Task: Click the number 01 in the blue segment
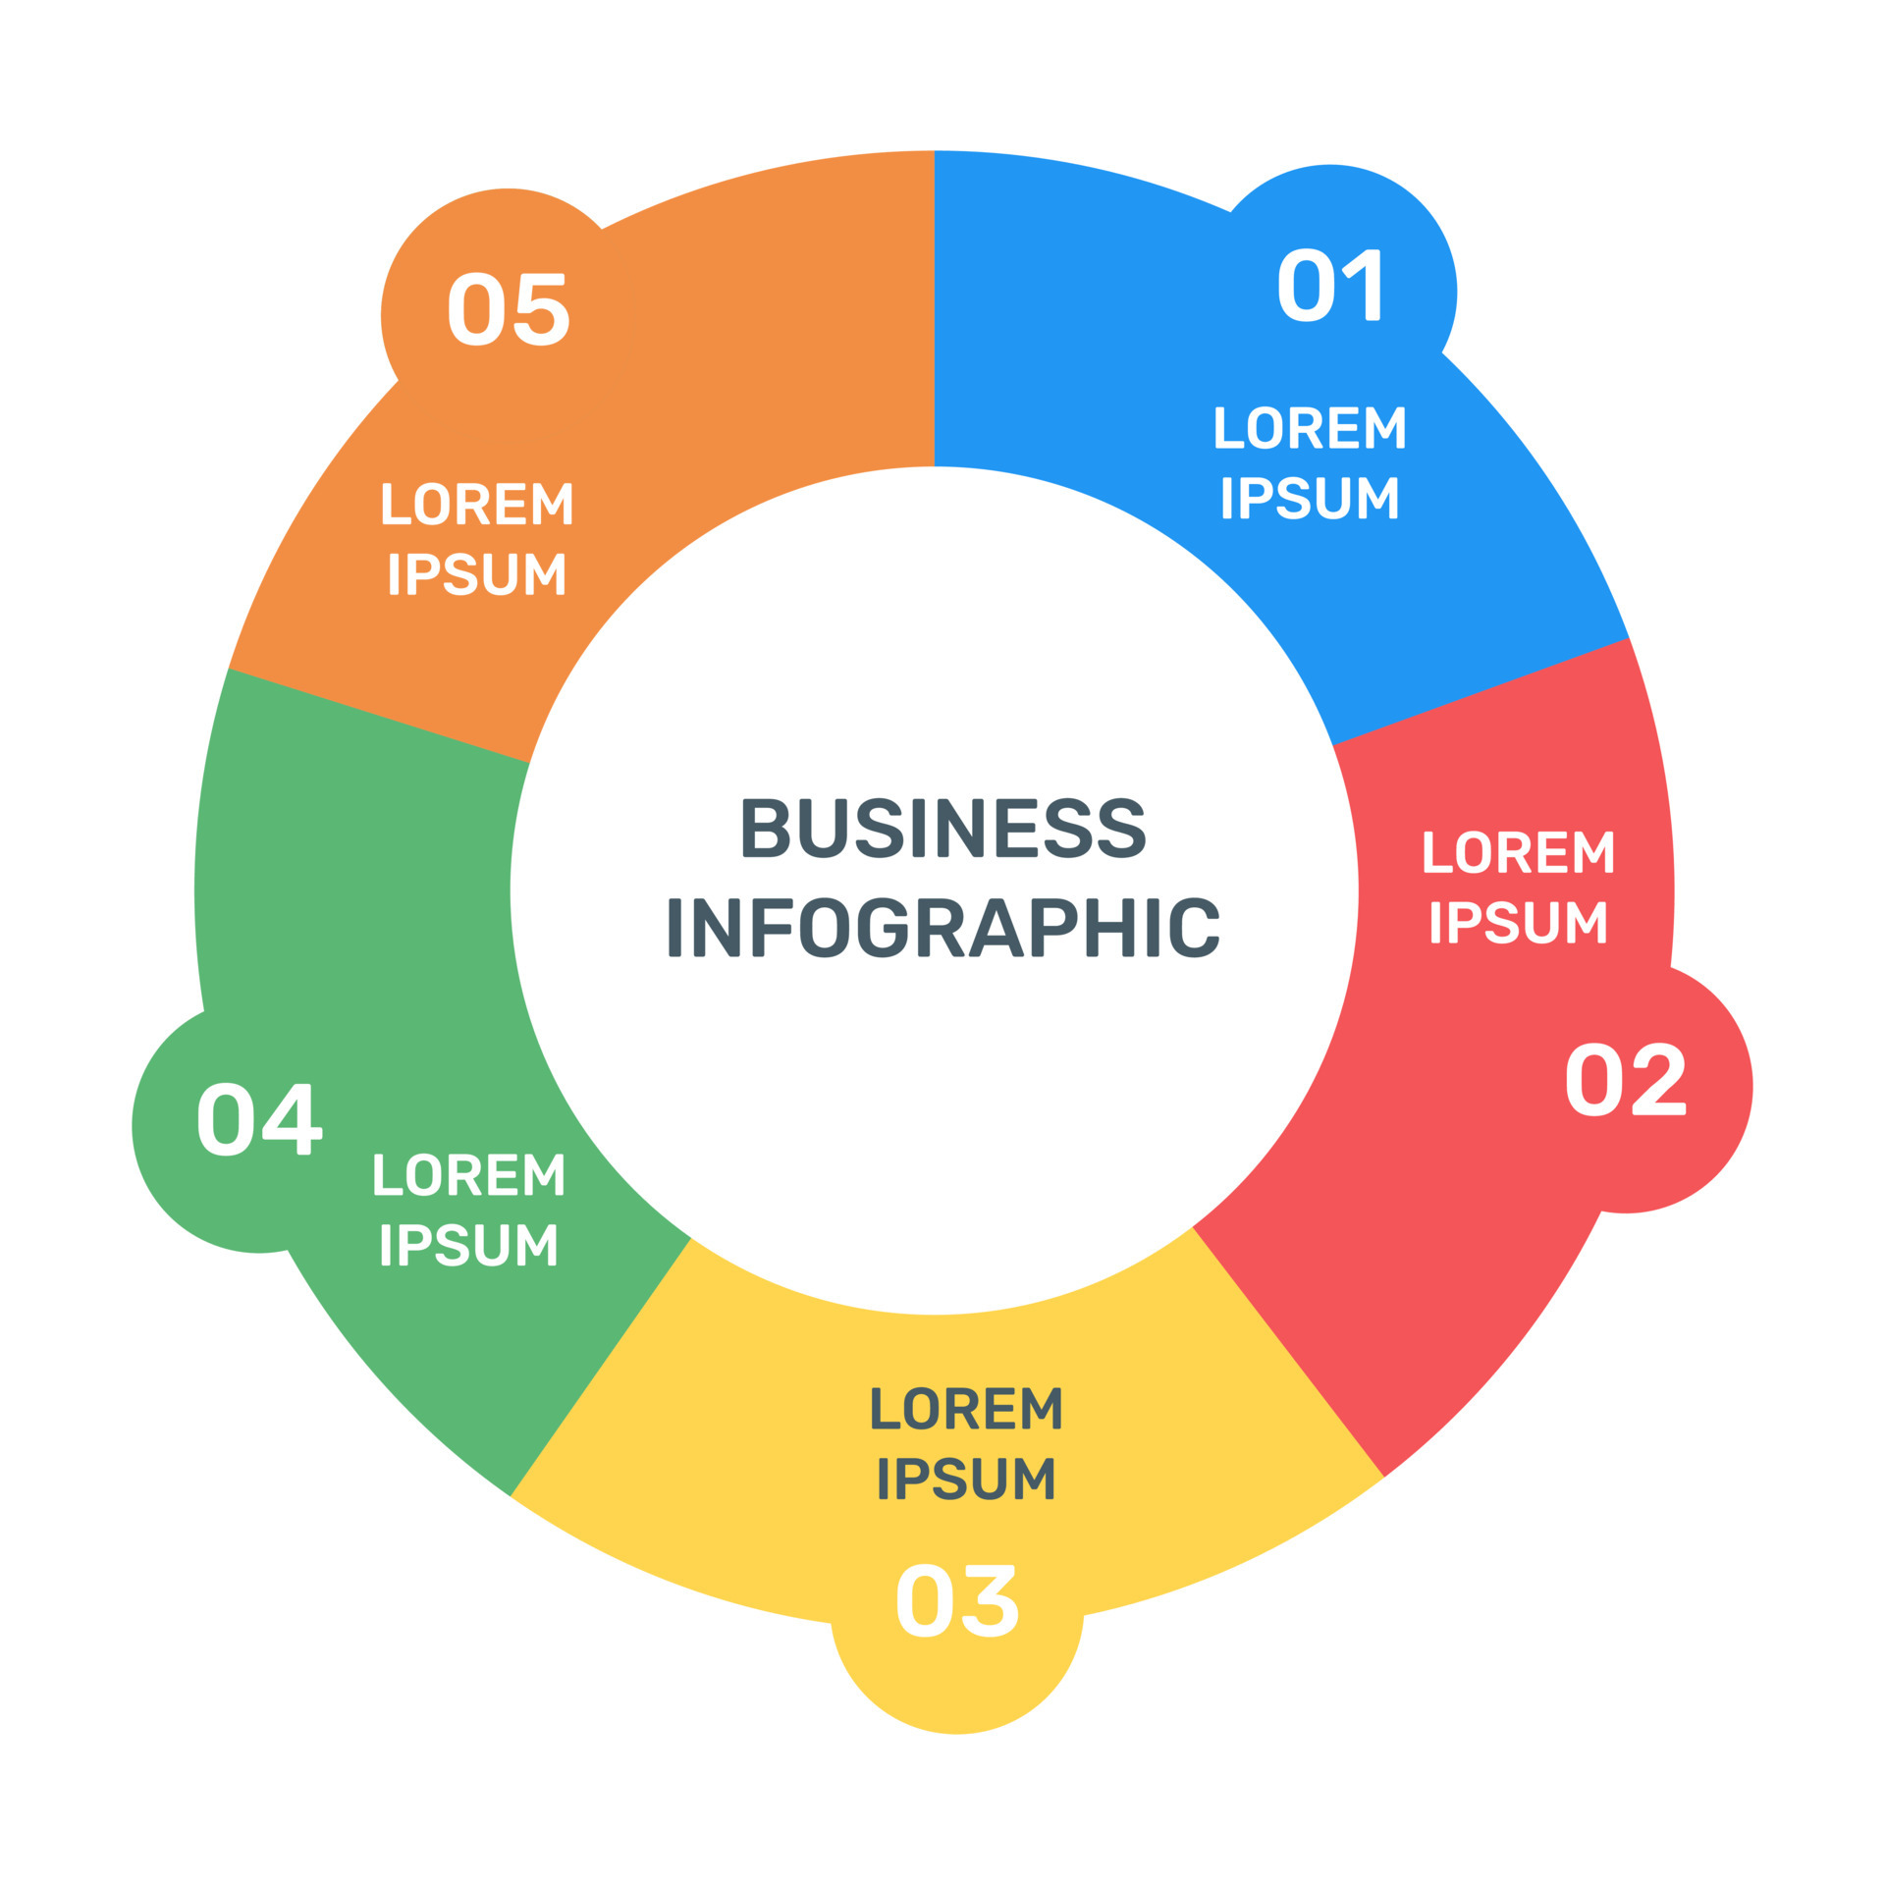(x=1329, y=285)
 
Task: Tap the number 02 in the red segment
(x=1625, y=1079)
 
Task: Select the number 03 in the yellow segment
(x=957, y=1600)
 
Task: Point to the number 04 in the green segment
(x=259, y=1119)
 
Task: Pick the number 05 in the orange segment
(x=509, y=309)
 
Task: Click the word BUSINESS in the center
(x=942, y=827)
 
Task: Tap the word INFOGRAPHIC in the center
(x=942, y=927)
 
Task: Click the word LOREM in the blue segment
(x=1311, y=428)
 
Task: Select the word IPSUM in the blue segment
(x=1311, y=497)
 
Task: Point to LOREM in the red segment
(x=1518, y=852)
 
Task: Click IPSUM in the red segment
(x=1518, y=922)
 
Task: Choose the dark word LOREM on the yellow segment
(x=966, y=1409)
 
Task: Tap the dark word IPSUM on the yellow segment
(x=966, y=1479)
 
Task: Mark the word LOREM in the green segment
(x=469, y=1174)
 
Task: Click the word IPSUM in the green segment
(x=469, y=1244)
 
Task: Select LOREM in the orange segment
(x=477, y=504)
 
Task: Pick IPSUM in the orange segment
(x=477, y=573)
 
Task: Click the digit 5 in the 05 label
(x=541, y=309)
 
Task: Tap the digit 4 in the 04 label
(x=292, y=1119)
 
